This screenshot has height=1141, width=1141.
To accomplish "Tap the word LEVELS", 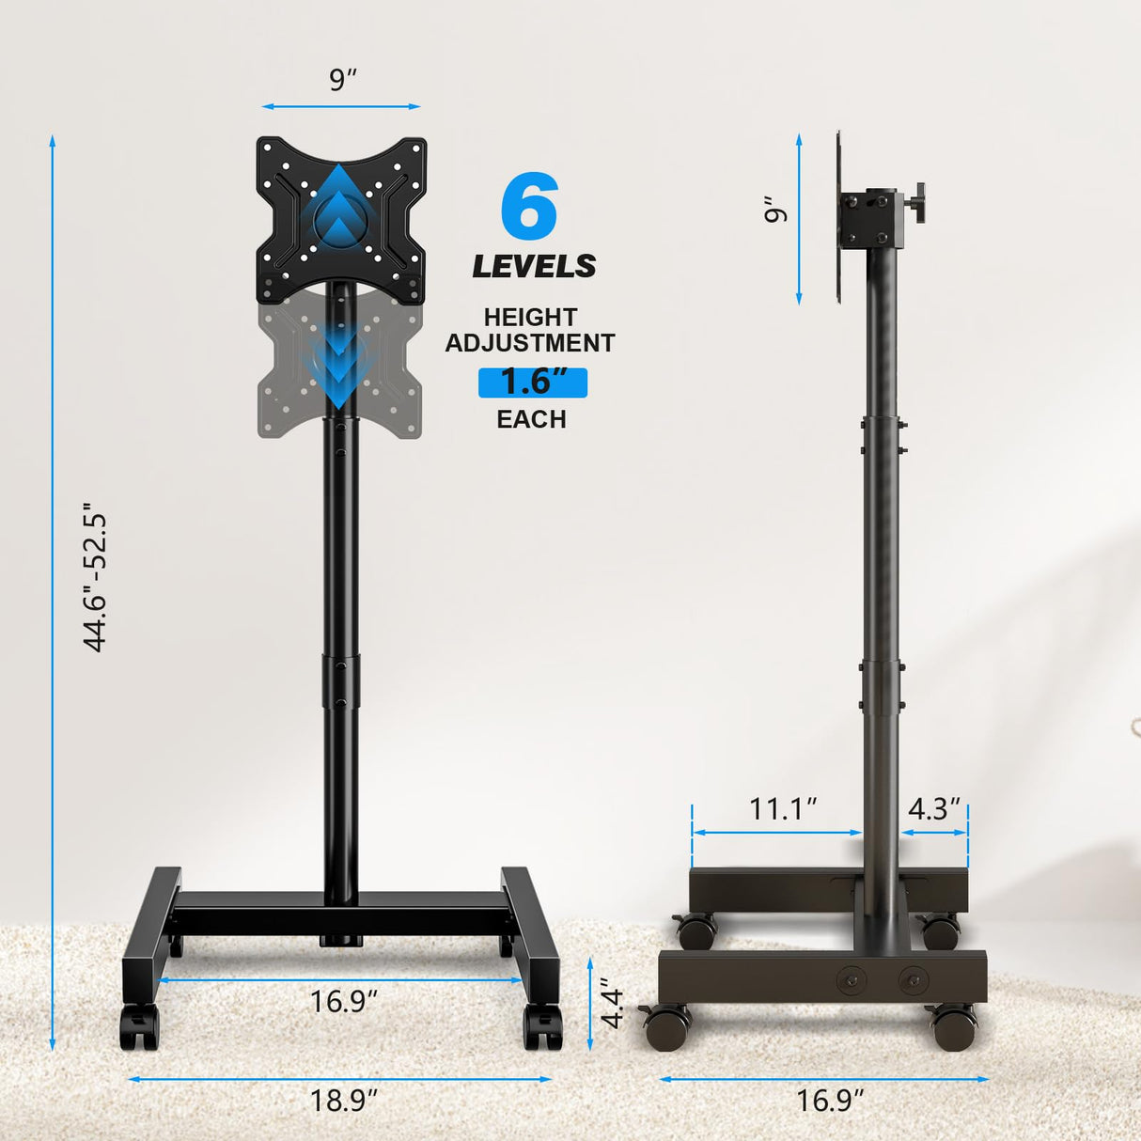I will coord(534,266).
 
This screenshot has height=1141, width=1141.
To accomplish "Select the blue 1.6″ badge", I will coord(533,382).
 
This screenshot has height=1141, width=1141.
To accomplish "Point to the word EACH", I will coord(531,419).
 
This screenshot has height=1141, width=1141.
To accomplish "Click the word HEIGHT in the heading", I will coord(530,318).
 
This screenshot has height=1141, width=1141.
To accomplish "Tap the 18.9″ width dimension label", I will coord(343,1100).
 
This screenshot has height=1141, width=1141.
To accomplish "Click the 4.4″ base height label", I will coord(612,1006).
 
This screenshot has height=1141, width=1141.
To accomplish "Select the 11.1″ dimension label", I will coord(782,808).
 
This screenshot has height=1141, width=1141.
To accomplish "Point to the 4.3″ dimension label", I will coord(934,808).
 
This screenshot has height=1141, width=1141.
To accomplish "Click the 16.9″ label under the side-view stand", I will coord(830,1100).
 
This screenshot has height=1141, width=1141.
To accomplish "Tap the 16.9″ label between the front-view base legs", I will coord(343,1001).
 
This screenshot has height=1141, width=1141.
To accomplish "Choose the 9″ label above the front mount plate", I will coord(343,80).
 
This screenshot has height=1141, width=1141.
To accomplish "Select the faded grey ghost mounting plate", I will coord(282,376).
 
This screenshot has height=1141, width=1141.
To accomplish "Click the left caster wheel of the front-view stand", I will coord(139,1028).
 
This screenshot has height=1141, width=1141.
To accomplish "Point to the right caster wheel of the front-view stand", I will coord(542,1028).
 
